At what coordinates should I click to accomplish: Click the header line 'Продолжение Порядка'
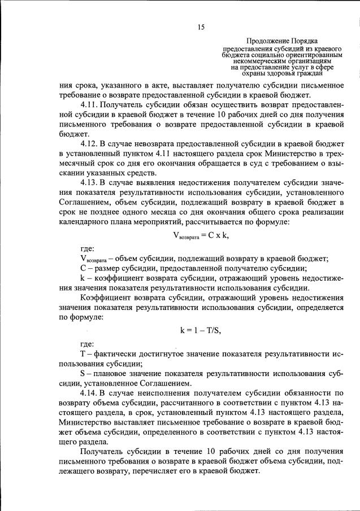coord(281,41)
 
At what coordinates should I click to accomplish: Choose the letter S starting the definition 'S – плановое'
coord(83,373)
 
